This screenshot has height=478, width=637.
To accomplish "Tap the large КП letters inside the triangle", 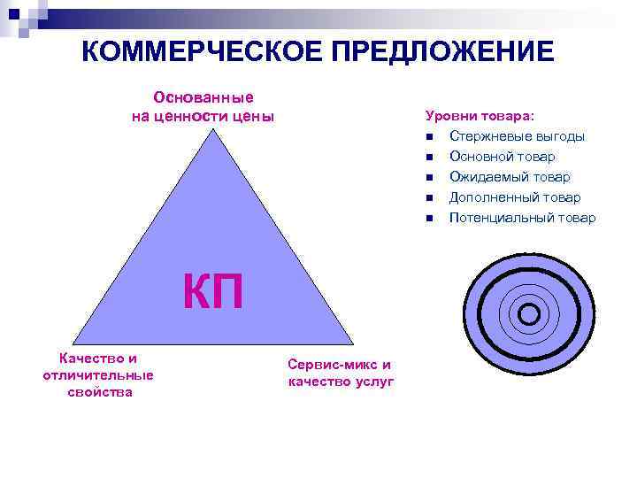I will [212, 293].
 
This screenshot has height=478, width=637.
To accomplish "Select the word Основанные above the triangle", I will [203, 97].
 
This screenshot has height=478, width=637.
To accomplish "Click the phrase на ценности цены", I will [203, 116].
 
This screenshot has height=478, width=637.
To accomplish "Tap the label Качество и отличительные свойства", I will [97, 375].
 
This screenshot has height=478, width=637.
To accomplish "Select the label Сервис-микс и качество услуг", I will [340, 374].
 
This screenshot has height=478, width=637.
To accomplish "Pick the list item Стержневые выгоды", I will [517, 136].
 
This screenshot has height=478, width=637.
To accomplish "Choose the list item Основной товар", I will [502, 157].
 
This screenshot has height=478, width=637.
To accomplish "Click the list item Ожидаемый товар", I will [510, 177].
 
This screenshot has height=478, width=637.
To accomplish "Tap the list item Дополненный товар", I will [515, 197].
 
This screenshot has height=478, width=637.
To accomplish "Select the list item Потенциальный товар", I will [522, 218].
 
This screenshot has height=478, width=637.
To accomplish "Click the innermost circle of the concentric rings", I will [529, 314].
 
